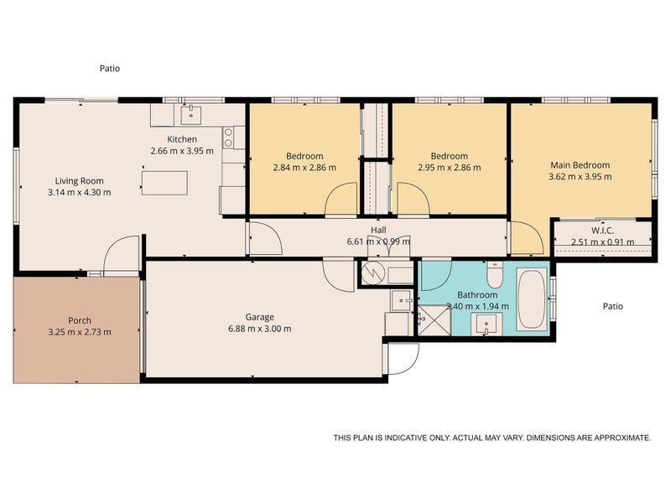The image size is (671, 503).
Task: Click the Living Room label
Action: click(x=79, y=181)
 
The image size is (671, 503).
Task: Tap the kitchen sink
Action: click(x=191, y=115)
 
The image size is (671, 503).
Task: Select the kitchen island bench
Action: click(x=164, y=183)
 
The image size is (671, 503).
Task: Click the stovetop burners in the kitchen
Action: click(x=228, y=137)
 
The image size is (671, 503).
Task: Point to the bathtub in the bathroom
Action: click(x=532, y=299)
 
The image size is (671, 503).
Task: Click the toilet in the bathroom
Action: click(x=495, y=275)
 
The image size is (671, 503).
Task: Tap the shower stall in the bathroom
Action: click(x=434, y=320)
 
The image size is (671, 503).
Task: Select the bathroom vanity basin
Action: click(x=486, y=324)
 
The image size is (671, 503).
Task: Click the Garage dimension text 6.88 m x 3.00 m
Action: click(x=260, y=329)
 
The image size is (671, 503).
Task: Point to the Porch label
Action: click(x=80, y=320)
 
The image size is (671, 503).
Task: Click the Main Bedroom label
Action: click(x=580, y=165)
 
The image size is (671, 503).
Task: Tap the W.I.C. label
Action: click(x=602, y=231)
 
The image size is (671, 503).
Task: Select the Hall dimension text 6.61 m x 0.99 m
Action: click(x=378, y=241)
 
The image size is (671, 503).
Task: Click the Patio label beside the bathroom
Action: click(x=613, y=306)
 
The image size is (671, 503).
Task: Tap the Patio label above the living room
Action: click(x=110, y=68)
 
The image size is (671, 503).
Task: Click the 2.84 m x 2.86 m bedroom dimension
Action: click(x=304, y=167)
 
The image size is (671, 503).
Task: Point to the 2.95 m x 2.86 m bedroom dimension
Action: click(x=450, y=167)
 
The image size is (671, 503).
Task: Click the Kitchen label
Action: click(x=182, y=139)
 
